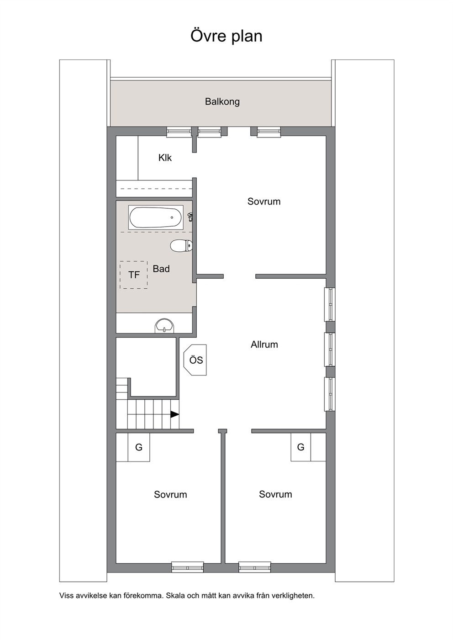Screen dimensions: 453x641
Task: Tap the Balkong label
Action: coord(222,102)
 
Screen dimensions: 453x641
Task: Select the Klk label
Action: coord(165,158)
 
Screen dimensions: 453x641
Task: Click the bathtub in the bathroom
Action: coord(156,217)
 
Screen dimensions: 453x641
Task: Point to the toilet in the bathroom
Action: coord(181,246)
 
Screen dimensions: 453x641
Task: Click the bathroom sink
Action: coord(164,326)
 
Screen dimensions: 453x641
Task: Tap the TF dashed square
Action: coord(134,275)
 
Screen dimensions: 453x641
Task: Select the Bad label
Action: coord(161,269)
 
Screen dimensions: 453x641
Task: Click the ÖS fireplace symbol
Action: coord(195,360)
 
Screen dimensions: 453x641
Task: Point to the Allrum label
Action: coord(264,344)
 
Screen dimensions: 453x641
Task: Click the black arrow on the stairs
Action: coord(175,414)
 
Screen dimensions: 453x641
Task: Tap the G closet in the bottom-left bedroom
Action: coord(139,447)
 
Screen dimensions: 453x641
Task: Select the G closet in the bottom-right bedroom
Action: coord(301,447)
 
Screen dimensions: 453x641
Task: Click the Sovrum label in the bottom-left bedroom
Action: coord(170,494)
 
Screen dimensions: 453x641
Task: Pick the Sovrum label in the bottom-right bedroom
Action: coord(275,494)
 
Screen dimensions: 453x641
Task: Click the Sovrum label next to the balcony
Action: coord(264,201)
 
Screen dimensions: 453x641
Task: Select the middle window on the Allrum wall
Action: coord(329,350)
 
